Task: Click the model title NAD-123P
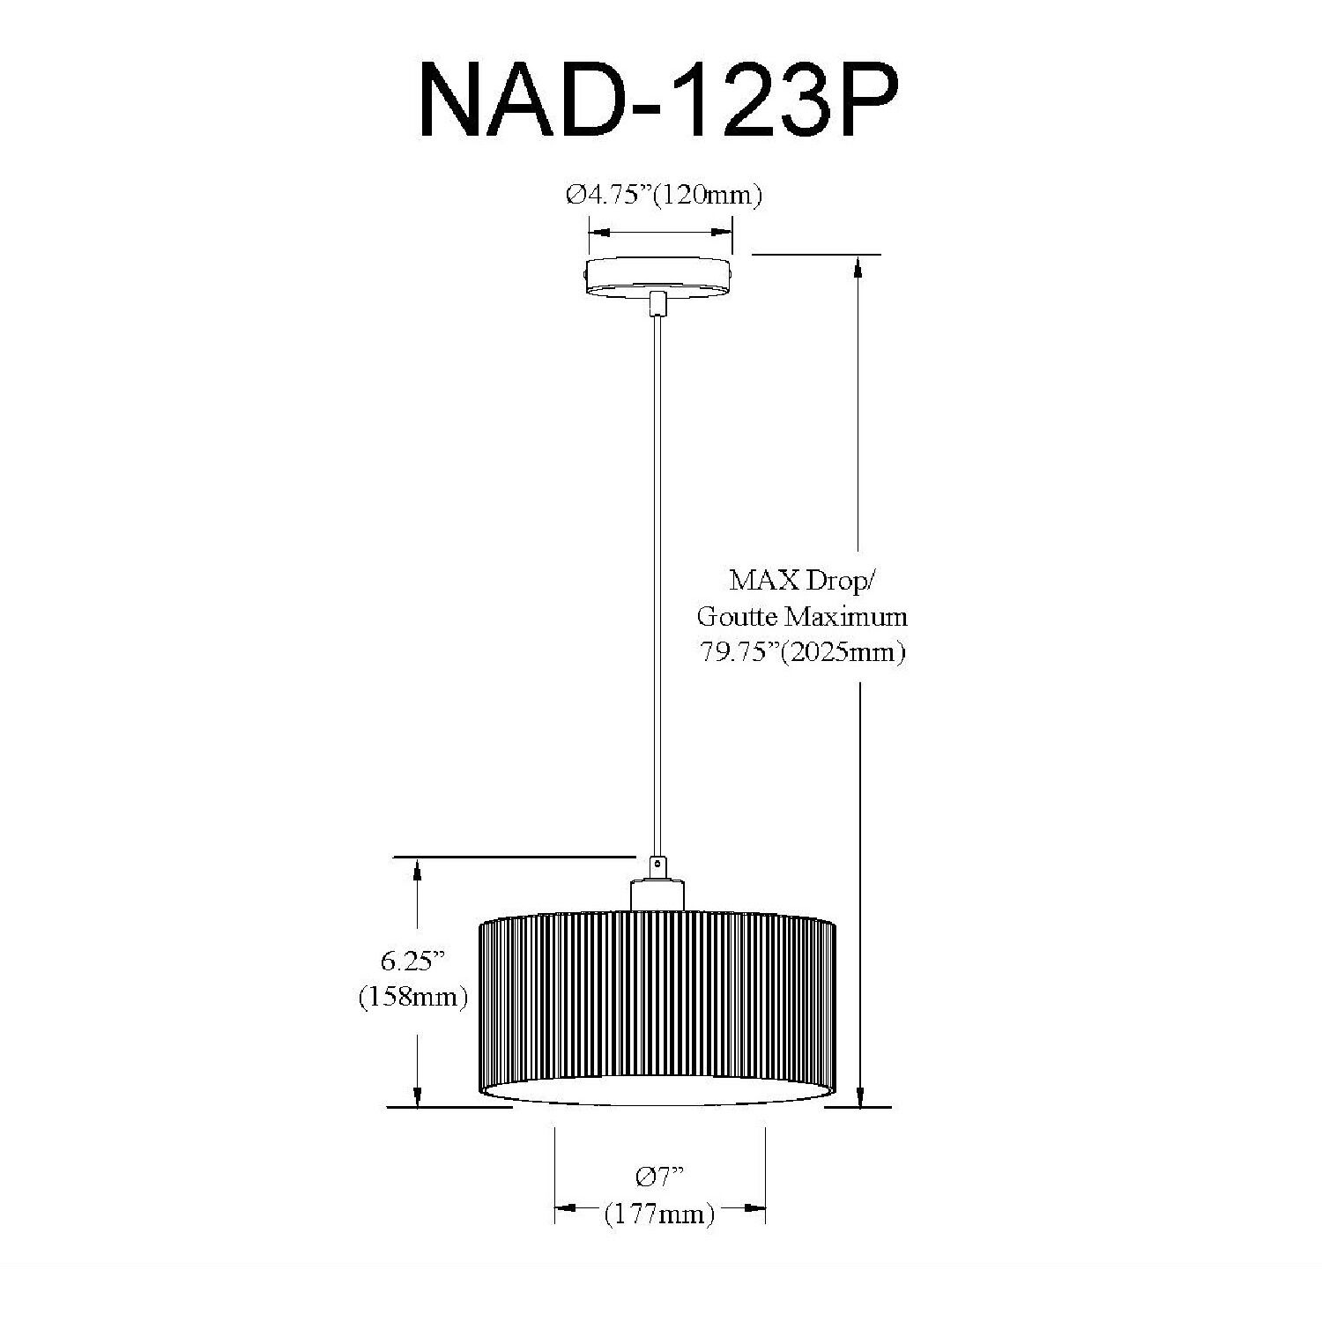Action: coord(659,99)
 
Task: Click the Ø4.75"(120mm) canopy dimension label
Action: coord(663,195)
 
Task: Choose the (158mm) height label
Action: coord(412,997)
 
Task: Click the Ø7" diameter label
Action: coord(659,1177)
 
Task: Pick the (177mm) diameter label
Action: coord(659,1214)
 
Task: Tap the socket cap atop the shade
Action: coord(657,894)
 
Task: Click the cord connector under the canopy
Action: coord(657,304)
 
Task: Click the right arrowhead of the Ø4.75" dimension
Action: coord(721,234)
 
